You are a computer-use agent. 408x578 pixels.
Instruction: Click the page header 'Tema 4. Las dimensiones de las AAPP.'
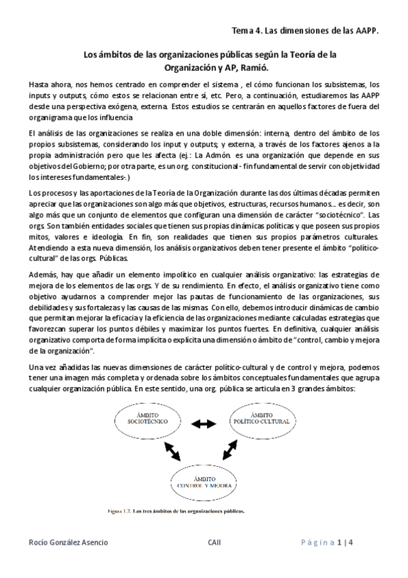point(304,31)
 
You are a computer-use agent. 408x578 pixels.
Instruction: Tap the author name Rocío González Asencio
point(68,543)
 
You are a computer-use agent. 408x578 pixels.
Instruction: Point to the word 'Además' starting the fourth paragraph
point(45,254)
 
